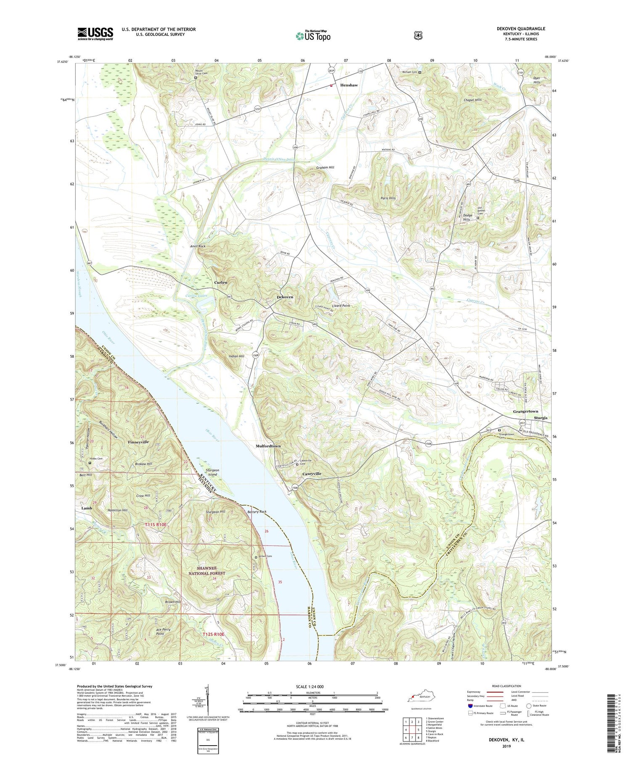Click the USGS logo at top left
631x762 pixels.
click(95, 34)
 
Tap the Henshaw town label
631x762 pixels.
click(349, 85)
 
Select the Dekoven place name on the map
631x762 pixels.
click(285, 297)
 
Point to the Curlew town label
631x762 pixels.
click(221, 282)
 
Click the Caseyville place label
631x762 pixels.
click(312, 474)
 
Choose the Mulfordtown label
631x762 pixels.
click(268, 446)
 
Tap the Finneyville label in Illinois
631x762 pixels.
click(138, 442)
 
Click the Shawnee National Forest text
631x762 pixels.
click(207, 571)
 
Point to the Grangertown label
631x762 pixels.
click(525, 411)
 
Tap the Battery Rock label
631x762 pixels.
click(257, 512)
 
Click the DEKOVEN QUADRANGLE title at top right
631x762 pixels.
click(521, 29)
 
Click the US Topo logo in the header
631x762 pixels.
click(313, 36)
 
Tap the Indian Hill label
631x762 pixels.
click(236, 356)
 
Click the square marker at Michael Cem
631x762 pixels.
click(419, 72)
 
